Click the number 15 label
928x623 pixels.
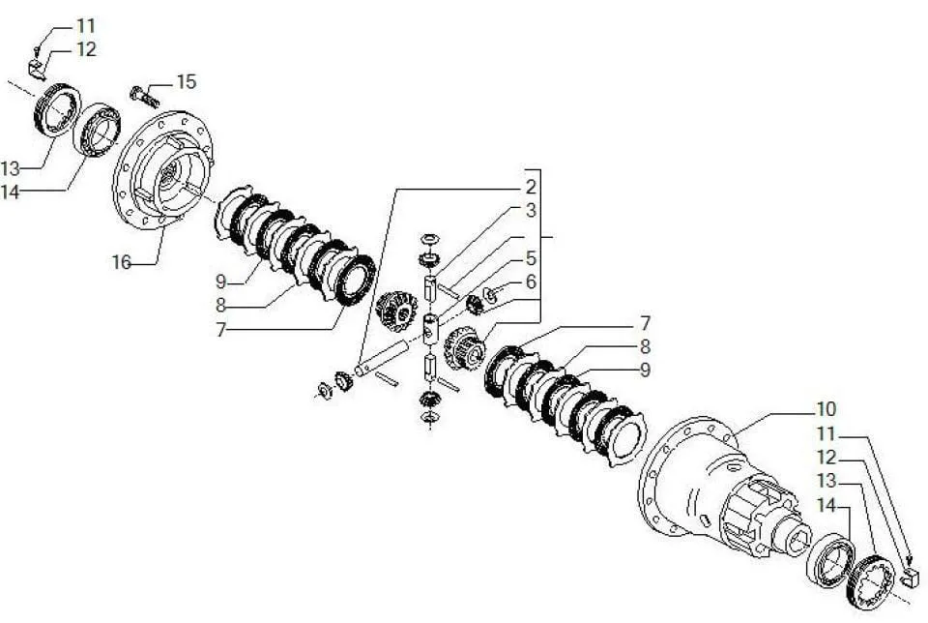pyautogui.click(x=186, y=81)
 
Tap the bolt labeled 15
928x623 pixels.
pyautogui.click(x=144, y=97)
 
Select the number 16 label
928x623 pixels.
pyautogui.click(x=122, y=262)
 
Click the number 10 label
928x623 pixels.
pyautogui.click(x=826, y=408)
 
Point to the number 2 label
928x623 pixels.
pyautogui.click(x=531, y=187)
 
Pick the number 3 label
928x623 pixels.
pyautogui.click(x=531, y=210)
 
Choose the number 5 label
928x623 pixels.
pyautogui.click(x=531, y=258)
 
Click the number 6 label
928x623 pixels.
pyautogui.click(x=531, y=282)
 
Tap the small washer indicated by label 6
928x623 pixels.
pyautogui.click(x=490, y=293)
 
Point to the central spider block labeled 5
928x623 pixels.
pyautogui.click(x=430, y=328)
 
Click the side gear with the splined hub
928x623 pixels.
pyautogui.click(x=465, y=348)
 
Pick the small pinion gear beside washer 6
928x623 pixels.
pyautogui.click(x=474, y=304)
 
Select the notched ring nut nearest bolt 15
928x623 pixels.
pyautogui.click(x=56, y=110)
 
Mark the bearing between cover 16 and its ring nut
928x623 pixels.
pyautogui.click(x=97, y=131)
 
